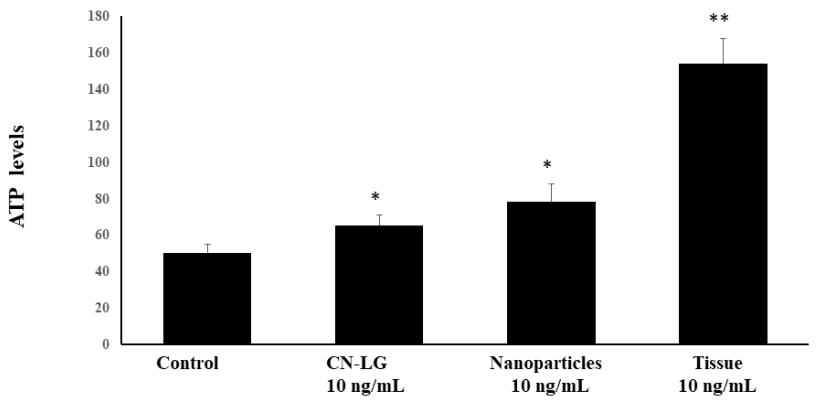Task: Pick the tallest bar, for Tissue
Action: tap(723, 204)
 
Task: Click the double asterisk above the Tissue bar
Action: tap(719, 19)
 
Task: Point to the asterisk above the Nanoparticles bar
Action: tap(547, 165)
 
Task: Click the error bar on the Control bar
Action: tap(208, 248)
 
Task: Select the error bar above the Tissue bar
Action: tap(723, 51)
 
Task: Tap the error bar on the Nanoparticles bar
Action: tap(551, 193)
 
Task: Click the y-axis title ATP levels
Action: tap(17, 176)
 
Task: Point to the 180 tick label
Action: tap(98, 16)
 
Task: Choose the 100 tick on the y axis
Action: tap(98, 162)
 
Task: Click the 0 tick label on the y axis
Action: tap(105, 344)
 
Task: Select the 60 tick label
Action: tap(102, 235)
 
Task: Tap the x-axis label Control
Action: tap(187, 363)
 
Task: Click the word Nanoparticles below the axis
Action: tap(546, 363)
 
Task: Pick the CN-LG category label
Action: tap(357, 363)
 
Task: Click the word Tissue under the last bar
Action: tap(718, 363)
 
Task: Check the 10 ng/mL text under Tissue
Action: tap(717, 386)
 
